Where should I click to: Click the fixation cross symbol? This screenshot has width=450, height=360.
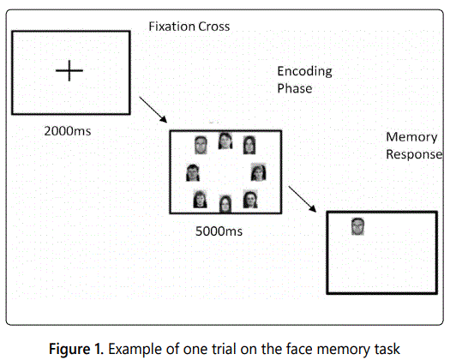pos(69,70)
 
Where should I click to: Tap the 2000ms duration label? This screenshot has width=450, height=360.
pos(68,131)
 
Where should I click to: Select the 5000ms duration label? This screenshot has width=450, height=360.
pos(219,231)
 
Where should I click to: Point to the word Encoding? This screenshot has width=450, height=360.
pos(304,71)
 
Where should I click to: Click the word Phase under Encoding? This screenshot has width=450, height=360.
pos(295,88)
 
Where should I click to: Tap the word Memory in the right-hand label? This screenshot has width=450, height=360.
pos(411,137)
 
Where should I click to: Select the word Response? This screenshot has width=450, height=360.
pos(414,154)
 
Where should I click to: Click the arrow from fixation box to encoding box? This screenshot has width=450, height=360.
pos(153,110)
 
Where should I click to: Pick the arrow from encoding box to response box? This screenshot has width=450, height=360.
pos(303,199)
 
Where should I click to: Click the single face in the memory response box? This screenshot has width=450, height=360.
pos(358,226)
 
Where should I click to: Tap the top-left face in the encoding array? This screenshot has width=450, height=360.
pos(201,145)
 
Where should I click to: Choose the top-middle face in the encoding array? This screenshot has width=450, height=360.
pos(225,141)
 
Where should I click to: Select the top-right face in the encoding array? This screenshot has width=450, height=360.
pos(249,145)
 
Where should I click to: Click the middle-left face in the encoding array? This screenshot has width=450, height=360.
pos(193,172)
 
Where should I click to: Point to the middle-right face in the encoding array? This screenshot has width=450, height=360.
pos(259,172)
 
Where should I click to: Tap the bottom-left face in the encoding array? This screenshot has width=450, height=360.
pos(200,199)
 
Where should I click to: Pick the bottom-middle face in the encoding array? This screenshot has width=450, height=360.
pos(225,204)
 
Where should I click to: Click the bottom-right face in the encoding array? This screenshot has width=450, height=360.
pos(250,199)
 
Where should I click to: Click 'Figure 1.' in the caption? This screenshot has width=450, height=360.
pos(76,349)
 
